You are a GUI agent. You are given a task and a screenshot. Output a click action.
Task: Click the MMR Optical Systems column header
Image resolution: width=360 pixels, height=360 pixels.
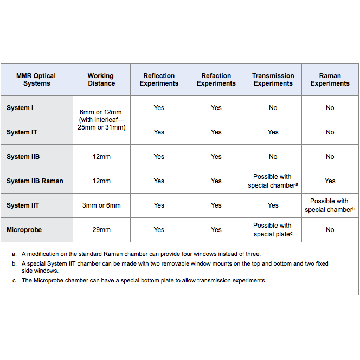[36, 80]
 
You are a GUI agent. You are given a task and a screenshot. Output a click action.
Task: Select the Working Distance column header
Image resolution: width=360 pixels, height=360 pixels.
[101, 80]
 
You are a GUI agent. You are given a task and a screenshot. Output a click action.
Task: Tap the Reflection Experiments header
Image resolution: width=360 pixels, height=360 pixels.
[159, 80]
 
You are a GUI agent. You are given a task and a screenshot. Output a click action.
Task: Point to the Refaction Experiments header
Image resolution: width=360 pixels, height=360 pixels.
[216, 80]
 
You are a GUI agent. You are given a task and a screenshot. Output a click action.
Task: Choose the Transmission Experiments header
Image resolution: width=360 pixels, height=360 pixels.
[273, 80]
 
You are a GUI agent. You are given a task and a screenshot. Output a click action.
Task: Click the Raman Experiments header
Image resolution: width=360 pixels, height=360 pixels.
[330, 80]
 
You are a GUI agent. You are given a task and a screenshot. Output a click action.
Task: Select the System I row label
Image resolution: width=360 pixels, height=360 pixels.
[20, 108]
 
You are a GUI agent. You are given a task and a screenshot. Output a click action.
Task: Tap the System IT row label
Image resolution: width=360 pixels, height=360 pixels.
[22, 132]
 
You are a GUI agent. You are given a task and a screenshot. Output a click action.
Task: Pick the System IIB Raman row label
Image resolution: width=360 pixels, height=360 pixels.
[35, 181]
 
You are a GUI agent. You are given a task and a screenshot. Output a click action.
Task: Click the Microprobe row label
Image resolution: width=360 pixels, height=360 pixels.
[24, 230]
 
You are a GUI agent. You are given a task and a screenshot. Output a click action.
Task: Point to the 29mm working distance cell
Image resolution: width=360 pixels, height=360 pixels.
[101, 230]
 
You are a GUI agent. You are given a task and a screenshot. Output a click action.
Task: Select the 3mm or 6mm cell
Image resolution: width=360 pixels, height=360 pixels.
[101, 205]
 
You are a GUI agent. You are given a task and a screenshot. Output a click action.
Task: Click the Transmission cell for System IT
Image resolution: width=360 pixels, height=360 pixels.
[273, 132]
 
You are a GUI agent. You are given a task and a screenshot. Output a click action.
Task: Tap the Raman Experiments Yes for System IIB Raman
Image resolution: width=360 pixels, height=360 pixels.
[330, 181]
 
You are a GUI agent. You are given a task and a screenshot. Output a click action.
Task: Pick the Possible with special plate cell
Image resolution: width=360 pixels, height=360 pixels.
[273, 230]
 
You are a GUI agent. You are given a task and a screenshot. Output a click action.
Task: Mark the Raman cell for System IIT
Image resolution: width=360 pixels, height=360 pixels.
[330, 205]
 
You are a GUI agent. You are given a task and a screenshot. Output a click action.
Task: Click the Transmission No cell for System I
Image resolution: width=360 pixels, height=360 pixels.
[273, 108]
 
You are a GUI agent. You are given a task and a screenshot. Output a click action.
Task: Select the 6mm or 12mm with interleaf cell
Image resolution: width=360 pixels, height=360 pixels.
[101, 120]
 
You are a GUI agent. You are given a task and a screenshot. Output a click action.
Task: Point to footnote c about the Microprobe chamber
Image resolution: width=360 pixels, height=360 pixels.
[144, 280]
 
